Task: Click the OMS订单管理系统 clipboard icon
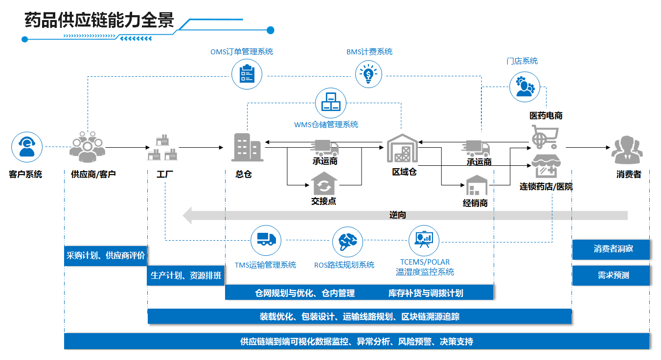coord(247,74)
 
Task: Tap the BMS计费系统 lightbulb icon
coord(370,74)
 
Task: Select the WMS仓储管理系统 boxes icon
coord(331,103)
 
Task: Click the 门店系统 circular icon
coord(524,87)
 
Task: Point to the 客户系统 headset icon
coord(27,147)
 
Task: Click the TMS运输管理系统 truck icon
coord(266,240)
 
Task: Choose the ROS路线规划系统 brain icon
coord(348,241)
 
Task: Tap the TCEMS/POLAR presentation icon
coord(424,240)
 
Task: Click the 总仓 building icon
coord(247,147)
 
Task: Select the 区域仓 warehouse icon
coord(403,148)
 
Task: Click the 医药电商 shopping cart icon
coord(545,136)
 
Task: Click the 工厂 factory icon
coord(163,147)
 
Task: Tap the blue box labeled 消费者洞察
coord(611,249)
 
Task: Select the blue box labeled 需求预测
coord(611,275)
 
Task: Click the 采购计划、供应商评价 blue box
coord(106,255)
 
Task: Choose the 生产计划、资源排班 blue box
coord(186,276)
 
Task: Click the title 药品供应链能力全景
coord(99,21)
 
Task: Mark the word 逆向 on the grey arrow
coord(397,215)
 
